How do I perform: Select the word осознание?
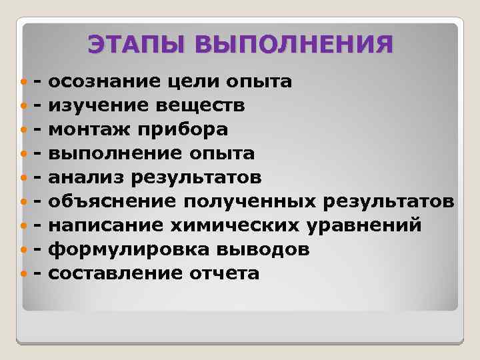pyautogui.click(x=103, y=82)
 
